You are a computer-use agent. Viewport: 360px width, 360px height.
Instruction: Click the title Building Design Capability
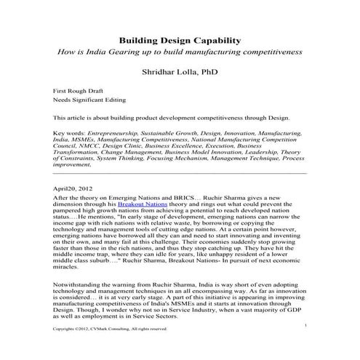point(180,41)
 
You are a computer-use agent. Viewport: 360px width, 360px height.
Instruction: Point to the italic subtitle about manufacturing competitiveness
point(180,53)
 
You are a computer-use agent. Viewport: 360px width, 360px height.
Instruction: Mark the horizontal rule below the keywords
point(180,173)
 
